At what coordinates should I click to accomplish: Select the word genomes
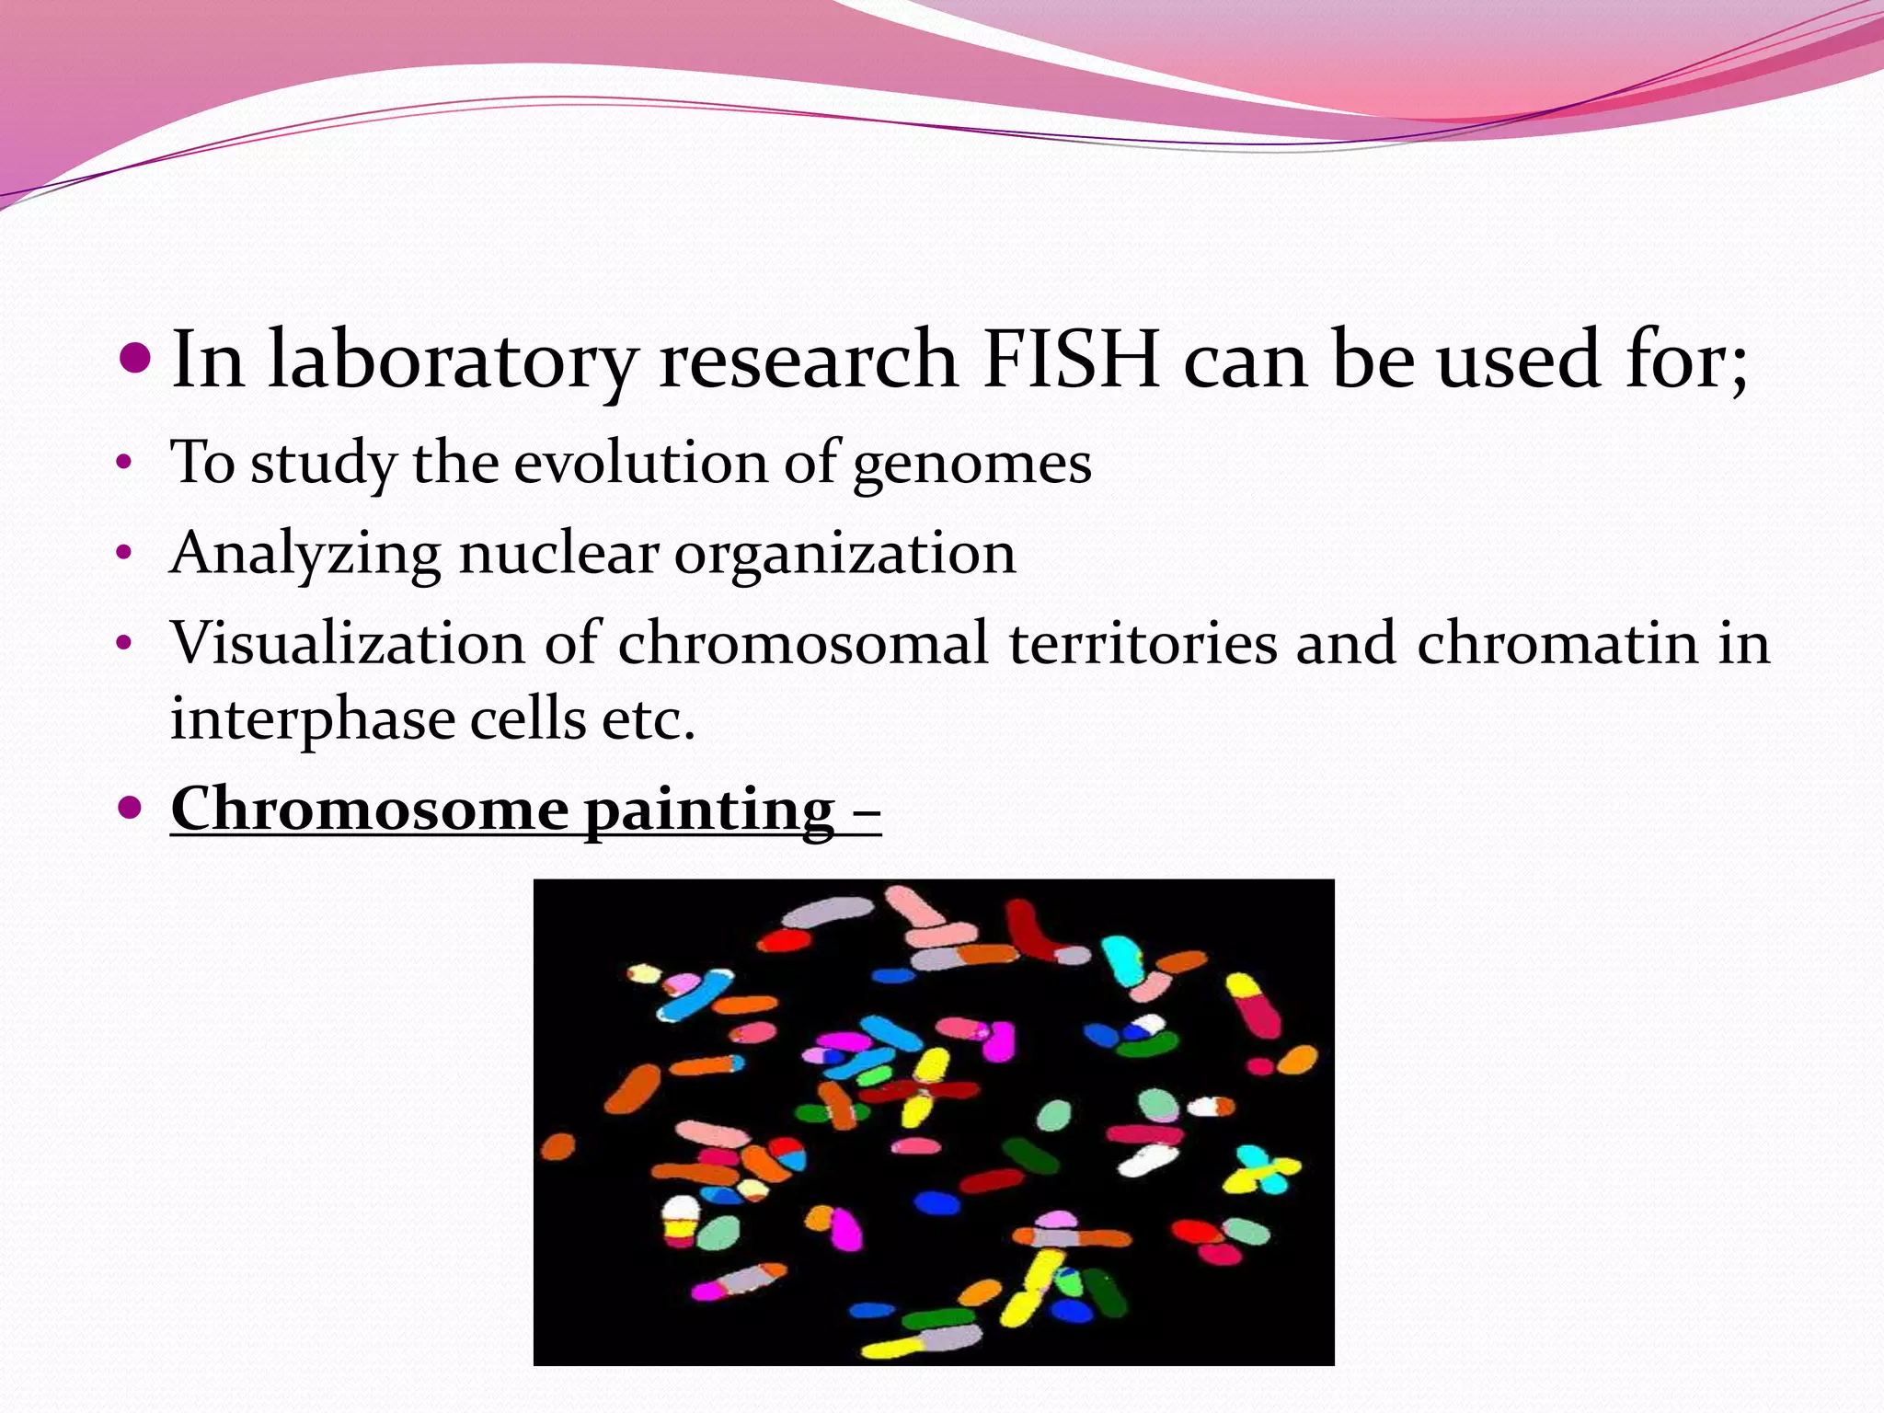point(971,463)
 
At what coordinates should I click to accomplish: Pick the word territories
point(1143,642)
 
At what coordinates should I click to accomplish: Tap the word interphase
point(312,719)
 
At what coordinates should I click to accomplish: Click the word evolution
point(639,463)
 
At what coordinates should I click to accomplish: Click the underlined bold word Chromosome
point(370,810)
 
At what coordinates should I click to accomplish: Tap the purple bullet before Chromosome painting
point(131,809)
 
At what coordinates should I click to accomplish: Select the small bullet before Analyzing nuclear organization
point(125,554)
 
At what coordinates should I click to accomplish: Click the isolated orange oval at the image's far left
point(557,1147)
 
